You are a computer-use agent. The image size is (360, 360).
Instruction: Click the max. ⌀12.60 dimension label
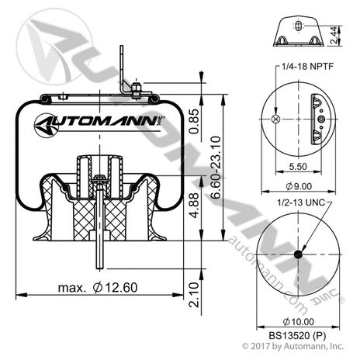coord(98,288)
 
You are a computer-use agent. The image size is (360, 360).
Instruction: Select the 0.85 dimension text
coord(194,121)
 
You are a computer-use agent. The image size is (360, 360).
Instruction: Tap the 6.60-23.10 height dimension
coord(216,168)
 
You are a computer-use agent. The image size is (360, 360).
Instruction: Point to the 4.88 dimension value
coord(194,206)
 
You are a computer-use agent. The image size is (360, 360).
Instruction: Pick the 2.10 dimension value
coord(194,295)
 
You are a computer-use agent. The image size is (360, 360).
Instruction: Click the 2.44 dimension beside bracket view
coord(334,35)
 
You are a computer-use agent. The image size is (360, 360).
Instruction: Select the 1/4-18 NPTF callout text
coord(307,67)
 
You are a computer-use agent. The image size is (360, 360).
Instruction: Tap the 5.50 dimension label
coord(298,166)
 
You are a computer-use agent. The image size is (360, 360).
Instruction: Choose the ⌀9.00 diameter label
coord(299,186)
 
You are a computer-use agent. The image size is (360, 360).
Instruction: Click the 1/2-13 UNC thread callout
coord(301,202)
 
